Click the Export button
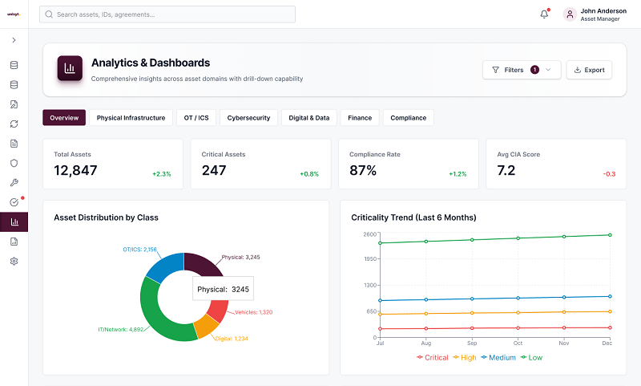(x=589, y=70)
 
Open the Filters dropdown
(x=522, y=70)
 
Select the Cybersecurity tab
(x=248, y=118)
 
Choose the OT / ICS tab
(x=196, y=118)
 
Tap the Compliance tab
(x=408, y=118)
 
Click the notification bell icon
(x=544, y=14)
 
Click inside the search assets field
(x=167, y=14)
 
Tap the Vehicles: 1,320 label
(x=253, y=312)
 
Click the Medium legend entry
(x=498, y=357)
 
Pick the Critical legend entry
(x=433, y=357)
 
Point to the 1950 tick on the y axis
(x=370, y=258)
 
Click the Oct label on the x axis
(x=518, y=343)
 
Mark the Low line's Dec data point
(x=610, y=235)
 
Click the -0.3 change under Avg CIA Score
(x=609, y=174)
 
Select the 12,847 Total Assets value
(x=75, y=170)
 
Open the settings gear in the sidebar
(x=14, y=261)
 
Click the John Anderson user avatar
(x=570, y=14)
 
